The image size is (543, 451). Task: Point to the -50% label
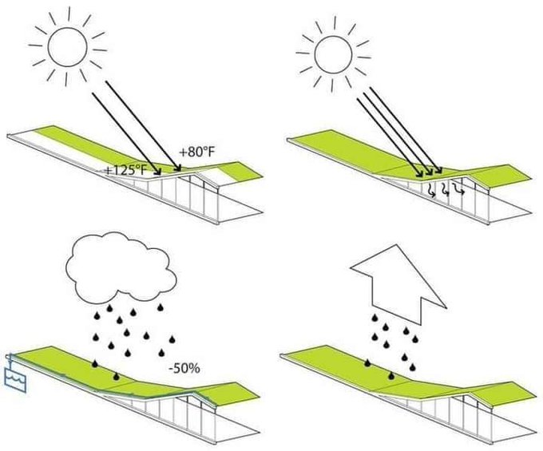(184, 369)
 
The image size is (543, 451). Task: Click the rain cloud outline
(122, 270)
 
